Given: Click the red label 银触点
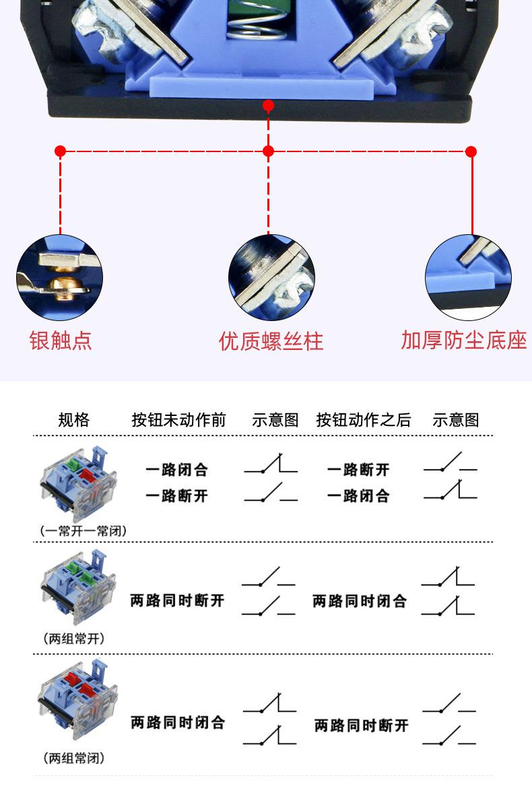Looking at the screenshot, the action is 61,341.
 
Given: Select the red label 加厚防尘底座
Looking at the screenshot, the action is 463,341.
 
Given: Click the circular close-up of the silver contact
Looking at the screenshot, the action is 60,277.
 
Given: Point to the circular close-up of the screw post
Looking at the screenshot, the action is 271,277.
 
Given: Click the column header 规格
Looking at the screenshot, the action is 73,420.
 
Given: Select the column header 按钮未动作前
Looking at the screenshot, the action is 178,420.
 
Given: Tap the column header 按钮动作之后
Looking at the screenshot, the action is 363,420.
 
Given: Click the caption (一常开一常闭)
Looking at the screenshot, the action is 84,530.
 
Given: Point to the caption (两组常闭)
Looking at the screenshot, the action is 74,759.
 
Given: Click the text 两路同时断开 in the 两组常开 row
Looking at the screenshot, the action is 177,600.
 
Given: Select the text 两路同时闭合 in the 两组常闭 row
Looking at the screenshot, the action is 177,723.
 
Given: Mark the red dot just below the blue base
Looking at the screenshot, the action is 268,106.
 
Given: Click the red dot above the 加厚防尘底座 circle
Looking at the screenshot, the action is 471,151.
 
